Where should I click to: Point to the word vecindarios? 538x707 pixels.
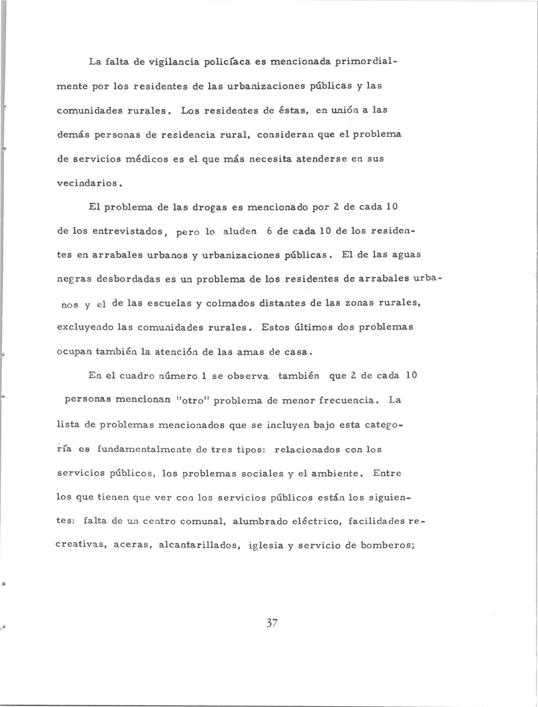point(88,183)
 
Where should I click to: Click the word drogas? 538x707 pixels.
point(210,207)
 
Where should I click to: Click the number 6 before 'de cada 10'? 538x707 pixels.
point(269,231)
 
